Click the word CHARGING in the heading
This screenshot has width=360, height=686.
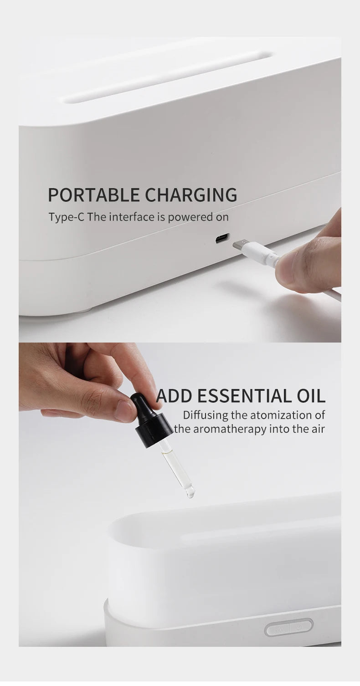tap(191, 195)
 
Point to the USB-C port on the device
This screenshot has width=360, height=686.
tap(222, 238)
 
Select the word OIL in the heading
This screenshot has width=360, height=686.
tap(310, 396)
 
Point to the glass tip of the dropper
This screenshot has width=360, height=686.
tap(189, 491)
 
